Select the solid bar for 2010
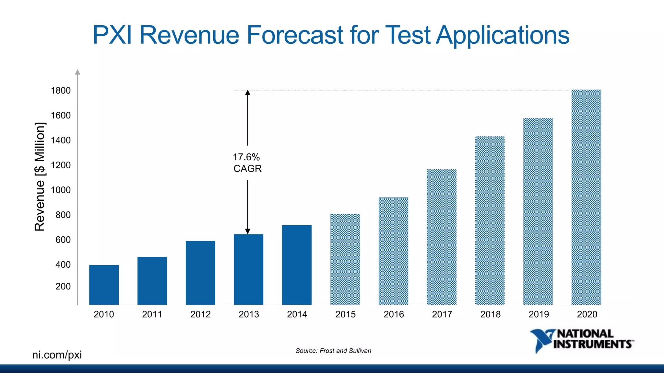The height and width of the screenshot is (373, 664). [x=104, y=285]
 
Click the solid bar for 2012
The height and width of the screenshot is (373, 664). [x=200, y=273]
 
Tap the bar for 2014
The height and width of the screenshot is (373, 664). [x=297, y=265]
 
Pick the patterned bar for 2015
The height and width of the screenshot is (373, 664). [x=345, y=259]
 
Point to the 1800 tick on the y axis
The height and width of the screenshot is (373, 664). [x=61, y=91]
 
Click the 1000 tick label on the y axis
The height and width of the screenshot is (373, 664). [x=61, y=190]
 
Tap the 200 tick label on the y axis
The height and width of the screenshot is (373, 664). [x=63, y=287]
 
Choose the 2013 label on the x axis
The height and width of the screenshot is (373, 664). [x=249, y=314]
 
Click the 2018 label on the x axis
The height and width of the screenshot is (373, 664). [x=490, y=314]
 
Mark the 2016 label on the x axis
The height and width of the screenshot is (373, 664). [x=394, y=314]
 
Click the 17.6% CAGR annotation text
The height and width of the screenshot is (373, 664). [x=247, y=163]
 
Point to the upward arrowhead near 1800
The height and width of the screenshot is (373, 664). [x=248, y=93]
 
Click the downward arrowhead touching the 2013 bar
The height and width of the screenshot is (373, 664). [x=248, y=231]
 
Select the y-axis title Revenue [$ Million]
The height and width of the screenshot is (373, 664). [x=40, y=176]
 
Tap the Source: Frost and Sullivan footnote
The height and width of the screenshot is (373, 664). [x=333, y=351]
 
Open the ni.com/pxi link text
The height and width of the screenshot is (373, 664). [x=57, y=355]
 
